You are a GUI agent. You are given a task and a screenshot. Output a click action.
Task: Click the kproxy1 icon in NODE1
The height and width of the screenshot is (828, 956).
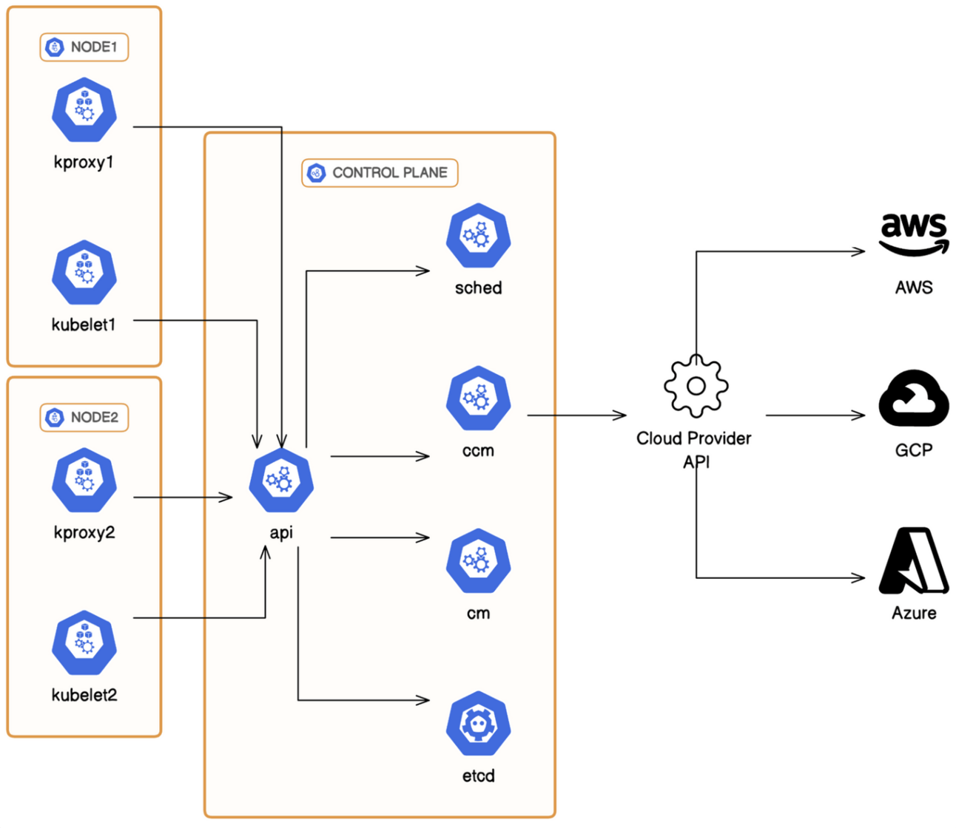84,110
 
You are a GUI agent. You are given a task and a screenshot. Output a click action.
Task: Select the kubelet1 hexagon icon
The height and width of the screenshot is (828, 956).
84,273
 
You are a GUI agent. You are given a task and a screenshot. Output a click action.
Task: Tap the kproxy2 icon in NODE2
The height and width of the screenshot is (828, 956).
84,481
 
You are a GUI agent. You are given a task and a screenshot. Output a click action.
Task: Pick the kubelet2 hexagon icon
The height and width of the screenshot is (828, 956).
84,643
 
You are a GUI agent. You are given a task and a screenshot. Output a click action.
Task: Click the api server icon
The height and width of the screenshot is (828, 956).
281,481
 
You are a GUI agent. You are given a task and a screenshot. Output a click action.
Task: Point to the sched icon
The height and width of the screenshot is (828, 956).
479,236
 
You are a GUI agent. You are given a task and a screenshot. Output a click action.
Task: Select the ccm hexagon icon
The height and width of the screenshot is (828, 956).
479,398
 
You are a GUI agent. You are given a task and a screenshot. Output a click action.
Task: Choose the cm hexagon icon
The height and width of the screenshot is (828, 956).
479,561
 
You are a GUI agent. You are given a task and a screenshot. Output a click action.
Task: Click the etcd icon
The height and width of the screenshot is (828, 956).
479,724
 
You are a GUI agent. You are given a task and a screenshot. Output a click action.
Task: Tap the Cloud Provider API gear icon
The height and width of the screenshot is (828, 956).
696,385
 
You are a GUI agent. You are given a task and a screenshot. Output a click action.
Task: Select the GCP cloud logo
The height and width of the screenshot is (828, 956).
914,398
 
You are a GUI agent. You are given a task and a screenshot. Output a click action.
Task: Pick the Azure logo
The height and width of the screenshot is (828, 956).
914,561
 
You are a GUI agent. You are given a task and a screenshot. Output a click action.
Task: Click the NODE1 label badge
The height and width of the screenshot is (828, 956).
84,47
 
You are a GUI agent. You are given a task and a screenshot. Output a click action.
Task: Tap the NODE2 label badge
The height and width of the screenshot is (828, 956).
84,418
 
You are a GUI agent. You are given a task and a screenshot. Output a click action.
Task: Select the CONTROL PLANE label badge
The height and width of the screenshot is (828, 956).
380,173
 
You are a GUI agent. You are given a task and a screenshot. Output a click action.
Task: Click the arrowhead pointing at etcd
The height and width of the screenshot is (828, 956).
424,700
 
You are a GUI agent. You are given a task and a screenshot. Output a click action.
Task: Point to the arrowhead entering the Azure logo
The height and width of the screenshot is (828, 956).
859,577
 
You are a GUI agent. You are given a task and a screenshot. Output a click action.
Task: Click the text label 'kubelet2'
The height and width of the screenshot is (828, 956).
84,695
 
